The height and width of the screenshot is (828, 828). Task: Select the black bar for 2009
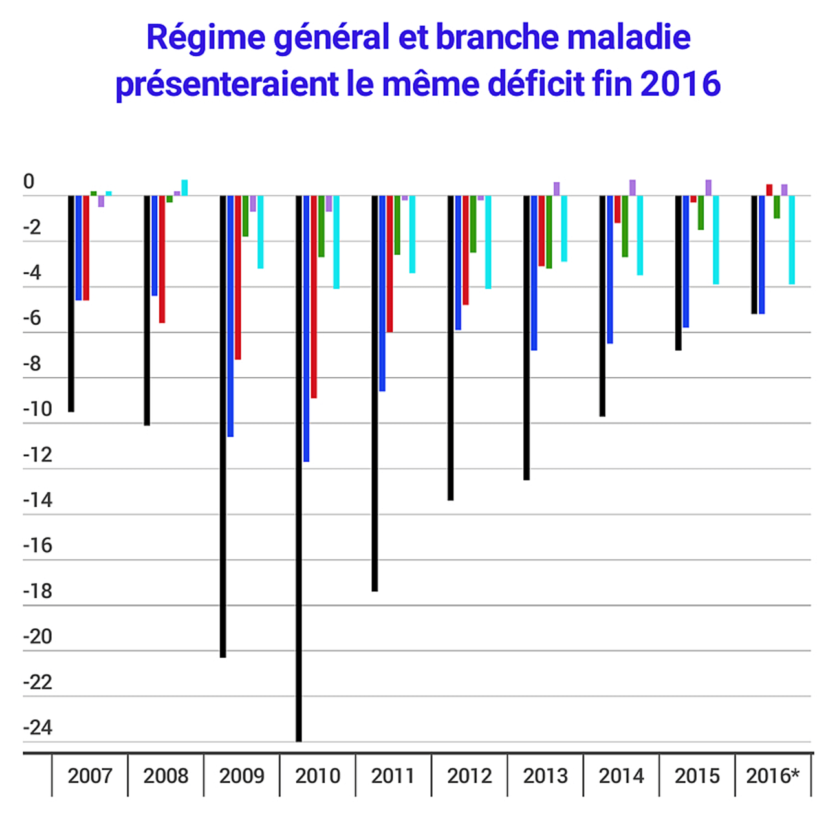point(223,426)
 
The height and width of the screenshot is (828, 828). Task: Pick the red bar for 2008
point(162,259)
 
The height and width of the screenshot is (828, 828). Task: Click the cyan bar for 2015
point(716,239)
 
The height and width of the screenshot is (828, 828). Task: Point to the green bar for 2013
point(549,232)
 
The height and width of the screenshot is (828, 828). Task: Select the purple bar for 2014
point(633,188)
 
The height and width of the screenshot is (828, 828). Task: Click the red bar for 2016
point(770,190)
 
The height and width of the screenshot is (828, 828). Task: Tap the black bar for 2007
point(71,303)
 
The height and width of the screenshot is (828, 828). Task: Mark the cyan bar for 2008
point(184,188)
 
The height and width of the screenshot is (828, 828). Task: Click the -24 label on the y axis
point(38,728)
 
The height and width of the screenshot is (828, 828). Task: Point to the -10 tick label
point(38,409)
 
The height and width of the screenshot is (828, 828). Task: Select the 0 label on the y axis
point(28,182)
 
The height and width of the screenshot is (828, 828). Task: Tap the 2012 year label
point(469,776)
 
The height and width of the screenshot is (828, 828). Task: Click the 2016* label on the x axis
point(773,776)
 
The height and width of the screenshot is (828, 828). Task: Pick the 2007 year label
point(90,776)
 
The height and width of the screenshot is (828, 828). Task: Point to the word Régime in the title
point(206,38)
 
